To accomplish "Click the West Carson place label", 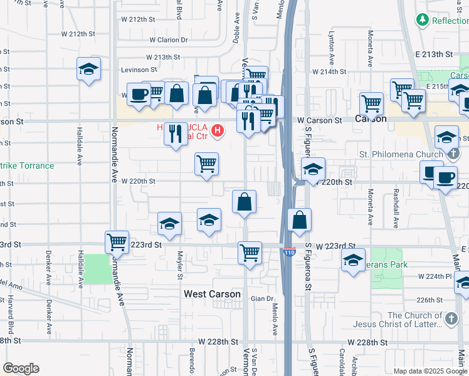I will point(212,294).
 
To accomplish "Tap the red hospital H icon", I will point(217,130).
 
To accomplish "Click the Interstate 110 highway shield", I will point(288,252).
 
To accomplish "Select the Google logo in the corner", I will point(21,368).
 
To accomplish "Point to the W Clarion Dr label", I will point(168,39).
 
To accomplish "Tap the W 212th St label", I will point(78,34).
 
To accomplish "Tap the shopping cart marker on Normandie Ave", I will point(117,241).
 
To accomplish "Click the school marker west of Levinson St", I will point(89,68).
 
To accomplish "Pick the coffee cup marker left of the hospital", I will point(138,95).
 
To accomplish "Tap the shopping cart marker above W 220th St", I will point(207,164).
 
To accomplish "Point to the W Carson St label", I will point(320,120).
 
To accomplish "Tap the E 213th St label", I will point(435,55).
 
